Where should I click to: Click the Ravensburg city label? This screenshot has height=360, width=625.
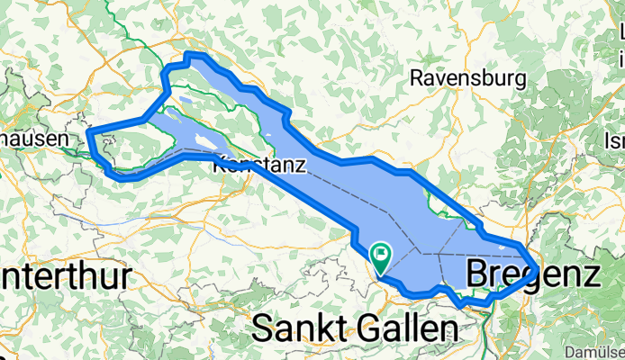[x=466, y=78]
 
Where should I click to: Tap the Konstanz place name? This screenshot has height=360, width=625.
[x=258, y=166]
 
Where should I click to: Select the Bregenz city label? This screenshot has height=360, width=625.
[x=531, y=273]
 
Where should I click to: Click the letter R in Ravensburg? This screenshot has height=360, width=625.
[x=416, y=78]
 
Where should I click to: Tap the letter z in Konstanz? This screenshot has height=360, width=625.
[x=300, y=166]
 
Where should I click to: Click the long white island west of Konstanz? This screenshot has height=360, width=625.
[x=204, y=140]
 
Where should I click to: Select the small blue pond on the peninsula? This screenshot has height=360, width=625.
[x=184, y=102]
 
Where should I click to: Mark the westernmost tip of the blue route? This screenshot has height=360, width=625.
[x=88, y=135]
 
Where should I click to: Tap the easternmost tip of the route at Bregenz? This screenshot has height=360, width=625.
[x=538, y=267]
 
